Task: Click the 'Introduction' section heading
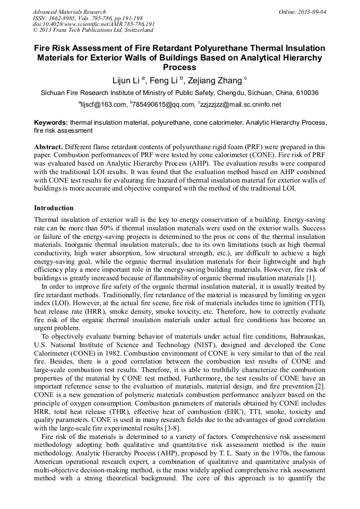click(x=54, y=208)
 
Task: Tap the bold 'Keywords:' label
click(x=50, y=122)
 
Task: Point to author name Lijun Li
click(x=126, y=81)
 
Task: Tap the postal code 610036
click(x=305, y=93)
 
